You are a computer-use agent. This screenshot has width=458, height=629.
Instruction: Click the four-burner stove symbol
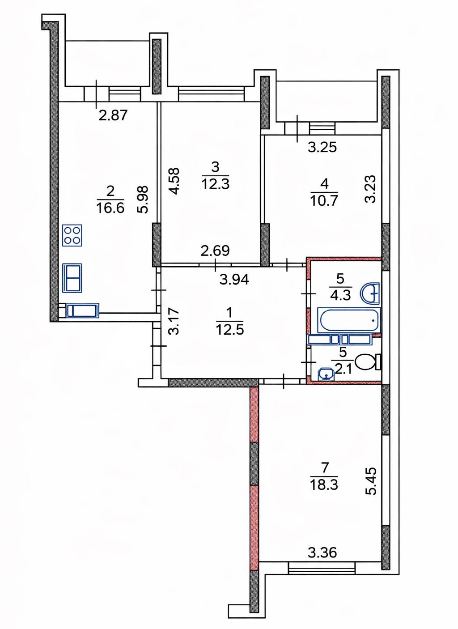(x=72, y=235)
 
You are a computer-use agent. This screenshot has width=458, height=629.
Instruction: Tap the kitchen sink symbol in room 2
(x=72, y=278)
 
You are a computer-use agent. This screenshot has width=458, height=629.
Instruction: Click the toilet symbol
(x=368, y=362)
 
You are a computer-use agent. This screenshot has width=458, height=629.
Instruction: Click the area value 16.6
(x=110, y=208)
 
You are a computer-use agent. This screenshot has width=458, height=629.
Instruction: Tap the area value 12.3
(x=216, y=184)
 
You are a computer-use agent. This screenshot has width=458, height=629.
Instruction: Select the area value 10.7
(x=324, y=201)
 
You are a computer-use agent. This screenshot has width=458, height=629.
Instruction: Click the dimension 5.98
(x=143, y=200)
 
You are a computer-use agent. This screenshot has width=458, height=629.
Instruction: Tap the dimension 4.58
(x=174, y=181)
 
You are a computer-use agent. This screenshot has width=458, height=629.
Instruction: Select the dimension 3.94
(x=234, y=280)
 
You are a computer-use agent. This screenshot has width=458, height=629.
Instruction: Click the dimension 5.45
(x=371, y=481)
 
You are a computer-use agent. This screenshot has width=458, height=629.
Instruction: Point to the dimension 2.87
(x=113, y=115)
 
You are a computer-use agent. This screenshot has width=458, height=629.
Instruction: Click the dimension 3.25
(x=322, y=148)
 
